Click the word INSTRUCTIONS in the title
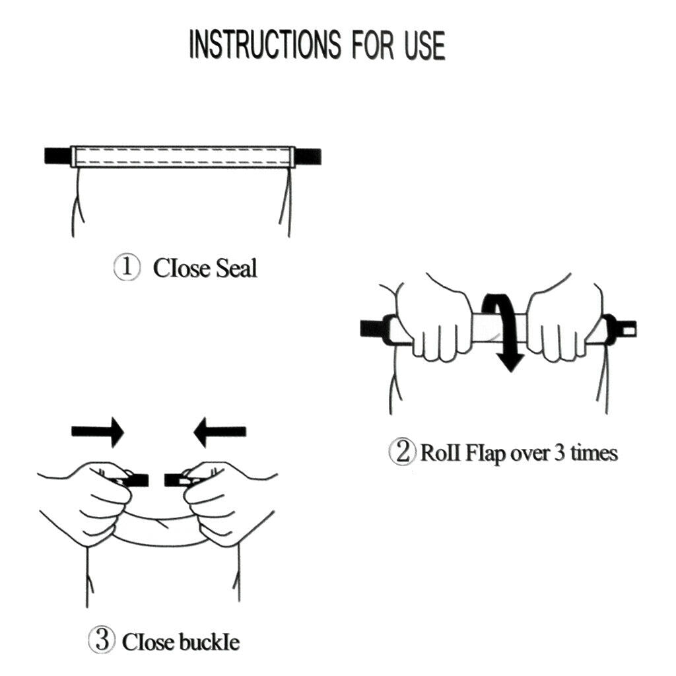click(265, 44)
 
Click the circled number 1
click(127, 267)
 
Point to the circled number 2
click(403, 452)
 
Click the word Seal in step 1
click(236, 268)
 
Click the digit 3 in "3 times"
click(559, 453)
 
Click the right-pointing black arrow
click(98, 432)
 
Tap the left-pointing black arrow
click(220, 432)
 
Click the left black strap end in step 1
click(57, 156)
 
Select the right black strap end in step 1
click(308, 156)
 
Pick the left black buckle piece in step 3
click(129, 480)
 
